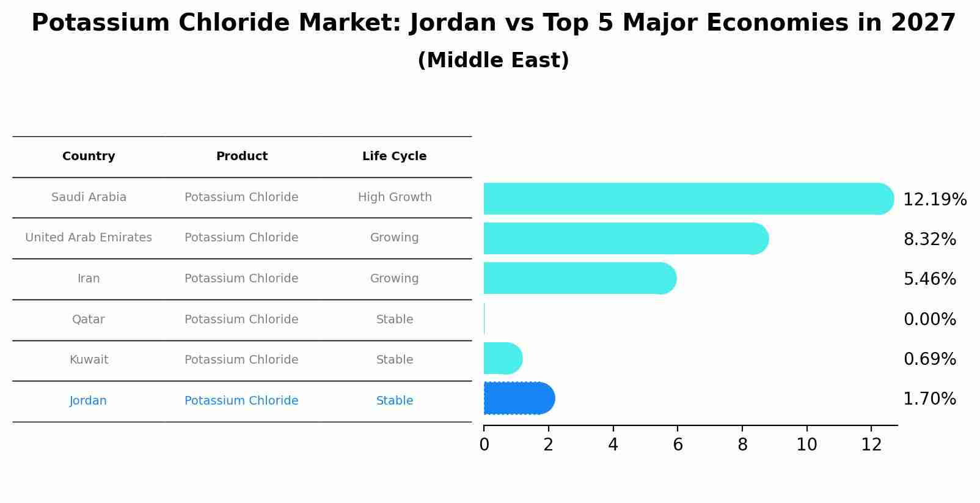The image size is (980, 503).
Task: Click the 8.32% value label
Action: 929,240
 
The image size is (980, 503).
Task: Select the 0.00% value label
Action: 929,320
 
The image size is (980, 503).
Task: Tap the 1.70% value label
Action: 929,399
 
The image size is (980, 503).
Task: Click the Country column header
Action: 89,156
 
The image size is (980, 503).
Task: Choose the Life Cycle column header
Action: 394,156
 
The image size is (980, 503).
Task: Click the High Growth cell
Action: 395,197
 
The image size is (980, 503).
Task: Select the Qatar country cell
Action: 89,320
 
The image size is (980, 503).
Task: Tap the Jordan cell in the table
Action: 89,401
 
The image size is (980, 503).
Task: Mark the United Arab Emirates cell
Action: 89,238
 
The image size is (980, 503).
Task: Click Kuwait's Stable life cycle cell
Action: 395,360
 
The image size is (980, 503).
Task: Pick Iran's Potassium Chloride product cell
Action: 241,279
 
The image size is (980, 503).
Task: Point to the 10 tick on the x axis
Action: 806,445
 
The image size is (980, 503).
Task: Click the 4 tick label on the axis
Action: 613,445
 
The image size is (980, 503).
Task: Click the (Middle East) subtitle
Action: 493,61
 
